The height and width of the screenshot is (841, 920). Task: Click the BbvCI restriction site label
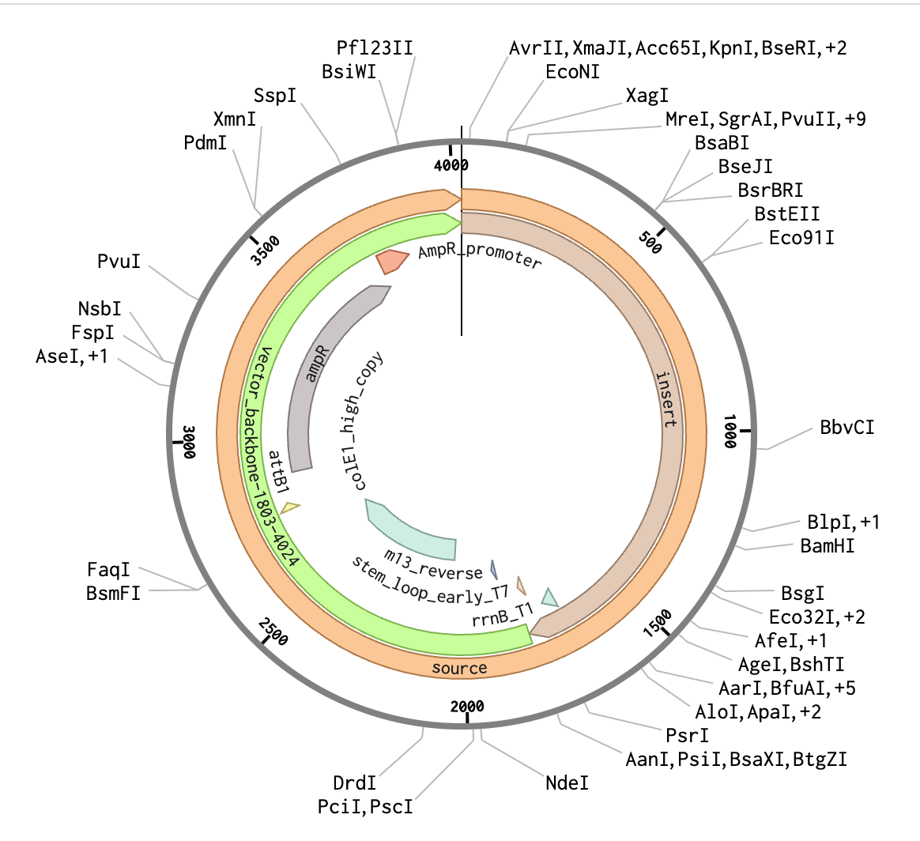point(847,428)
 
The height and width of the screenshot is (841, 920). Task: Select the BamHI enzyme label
point(828,545)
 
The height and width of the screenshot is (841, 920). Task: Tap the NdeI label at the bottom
point(567,783)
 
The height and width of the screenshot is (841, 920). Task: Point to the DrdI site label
point(354,783)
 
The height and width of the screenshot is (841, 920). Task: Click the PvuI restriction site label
point(119,261)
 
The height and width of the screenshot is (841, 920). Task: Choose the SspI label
point(275,96)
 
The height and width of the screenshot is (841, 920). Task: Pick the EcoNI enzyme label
point(573,72)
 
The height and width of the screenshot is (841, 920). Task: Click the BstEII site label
point(787,214)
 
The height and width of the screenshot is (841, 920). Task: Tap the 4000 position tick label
point(451,164)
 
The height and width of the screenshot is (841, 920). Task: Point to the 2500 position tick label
point(274,632)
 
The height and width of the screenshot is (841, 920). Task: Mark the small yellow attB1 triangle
point(290,508)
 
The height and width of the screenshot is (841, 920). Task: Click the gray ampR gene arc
point(324,371)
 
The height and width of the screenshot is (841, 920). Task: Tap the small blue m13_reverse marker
point(494,569)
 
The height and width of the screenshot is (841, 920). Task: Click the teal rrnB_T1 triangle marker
point(549,597)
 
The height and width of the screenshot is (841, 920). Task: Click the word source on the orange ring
point(459,668)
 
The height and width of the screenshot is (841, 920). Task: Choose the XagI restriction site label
point(647,96)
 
